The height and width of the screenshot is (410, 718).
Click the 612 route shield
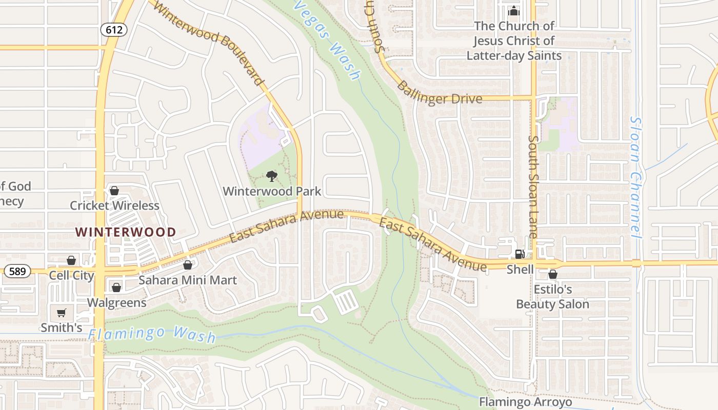coord(114,30)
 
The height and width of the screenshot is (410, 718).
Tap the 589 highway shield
coord(17,271)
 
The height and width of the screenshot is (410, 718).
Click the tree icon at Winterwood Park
coord(272,177)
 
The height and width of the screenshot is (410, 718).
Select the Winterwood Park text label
coord(272,192)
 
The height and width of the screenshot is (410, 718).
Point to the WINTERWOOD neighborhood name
coord(126,232)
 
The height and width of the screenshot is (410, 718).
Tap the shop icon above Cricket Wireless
coord(114,191)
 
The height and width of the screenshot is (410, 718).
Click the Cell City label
coord(71,275)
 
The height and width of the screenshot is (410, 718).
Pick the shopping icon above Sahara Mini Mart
coord(188,265)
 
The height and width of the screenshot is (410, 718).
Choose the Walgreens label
coord(116,302)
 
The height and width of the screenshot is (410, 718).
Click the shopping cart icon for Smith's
coord(62,313)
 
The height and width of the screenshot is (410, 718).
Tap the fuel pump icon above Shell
coord(520,254)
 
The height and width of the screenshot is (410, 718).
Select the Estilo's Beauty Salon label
coord(552,297)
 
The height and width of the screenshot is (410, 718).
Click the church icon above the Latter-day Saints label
coord(514,11)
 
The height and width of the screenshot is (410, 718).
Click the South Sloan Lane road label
coord(533,187)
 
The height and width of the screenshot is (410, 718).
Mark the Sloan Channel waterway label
coord(635,177)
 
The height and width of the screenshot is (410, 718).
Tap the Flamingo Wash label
coord(152,334)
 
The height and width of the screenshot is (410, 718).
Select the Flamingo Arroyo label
coord(526,402)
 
